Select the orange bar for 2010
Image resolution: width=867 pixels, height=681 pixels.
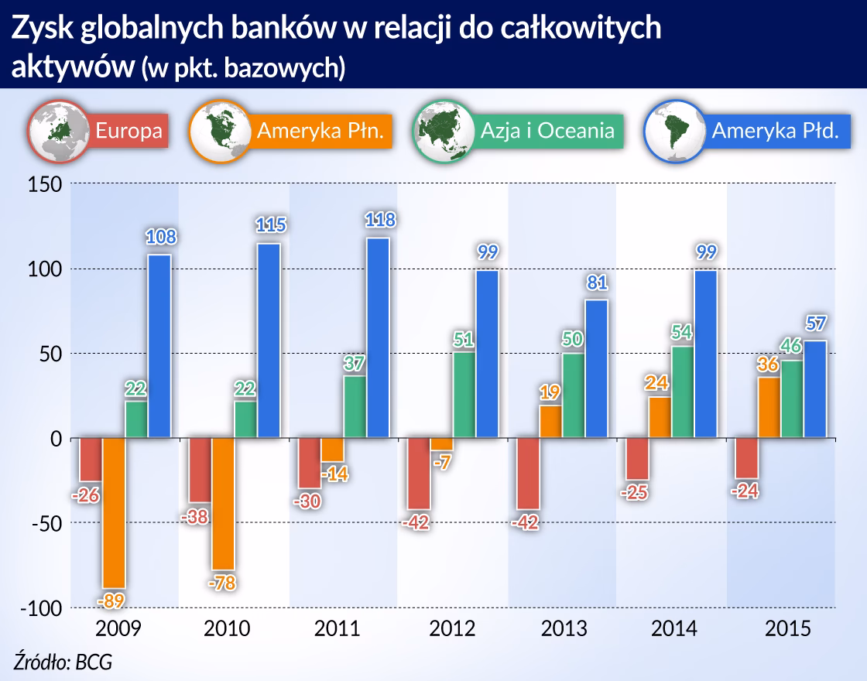coord(224,504)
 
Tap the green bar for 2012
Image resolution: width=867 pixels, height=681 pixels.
coord(464,395)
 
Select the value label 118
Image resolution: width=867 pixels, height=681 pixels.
coord(379,221)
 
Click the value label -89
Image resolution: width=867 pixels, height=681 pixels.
coord(114,600)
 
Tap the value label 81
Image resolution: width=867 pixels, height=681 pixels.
coord(598,283)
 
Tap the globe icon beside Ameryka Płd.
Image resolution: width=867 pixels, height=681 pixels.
coord(675,132)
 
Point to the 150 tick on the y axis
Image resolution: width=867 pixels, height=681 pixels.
coord(45,184)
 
